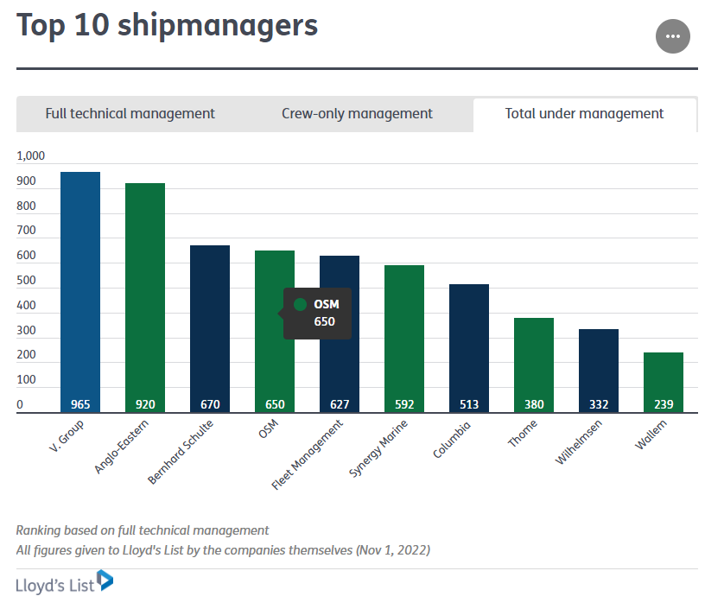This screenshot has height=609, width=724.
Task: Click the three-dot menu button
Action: coord(673,36)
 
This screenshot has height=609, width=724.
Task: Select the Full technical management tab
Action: coord(130,113)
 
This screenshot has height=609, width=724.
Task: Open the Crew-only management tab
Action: coord(357,113)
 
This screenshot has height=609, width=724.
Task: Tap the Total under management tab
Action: coord(584,113)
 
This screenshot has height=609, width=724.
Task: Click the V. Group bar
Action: coord(80,285)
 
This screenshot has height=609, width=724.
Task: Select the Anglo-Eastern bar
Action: coord(145,294)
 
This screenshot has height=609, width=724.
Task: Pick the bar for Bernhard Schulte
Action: coord(210,324)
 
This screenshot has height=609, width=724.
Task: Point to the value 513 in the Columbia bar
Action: coord(469,403)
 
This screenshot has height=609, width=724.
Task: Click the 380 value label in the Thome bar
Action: coord(534,403)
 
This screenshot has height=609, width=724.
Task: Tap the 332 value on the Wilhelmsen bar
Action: coord(599,403)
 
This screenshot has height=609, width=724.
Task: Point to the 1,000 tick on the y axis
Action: coord(30,156)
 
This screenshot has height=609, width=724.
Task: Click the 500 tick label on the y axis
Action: coord(26,281)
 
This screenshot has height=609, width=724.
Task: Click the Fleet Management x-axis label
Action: coord(308,454)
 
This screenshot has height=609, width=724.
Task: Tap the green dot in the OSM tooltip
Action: coord(301,304)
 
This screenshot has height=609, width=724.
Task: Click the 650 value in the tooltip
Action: coord(324,322)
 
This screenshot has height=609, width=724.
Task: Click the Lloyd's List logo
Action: coord(64,583)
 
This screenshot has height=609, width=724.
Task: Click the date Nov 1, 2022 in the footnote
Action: coord(392,549)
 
